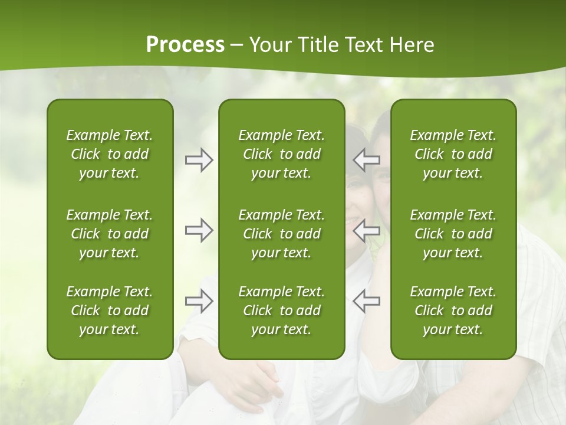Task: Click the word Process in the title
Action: pyautogui.click(x=185, y=45)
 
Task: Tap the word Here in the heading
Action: pyautogui.click(x=413, y=45)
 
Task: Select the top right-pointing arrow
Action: pyautogui.click(x=199, y=160)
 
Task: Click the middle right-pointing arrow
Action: pyautogui.click(x=199, y=230)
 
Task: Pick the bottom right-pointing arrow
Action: pyautogui.click(x=199, y=300)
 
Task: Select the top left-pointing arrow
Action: pyautogui.click(x=367, y=160)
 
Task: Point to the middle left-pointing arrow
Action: pyautogui.click(x=367, y=230)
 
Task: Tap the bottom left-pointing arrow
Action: pyautogui.click(x=367, y=300)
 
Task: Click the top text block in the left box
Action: pyautogui.click(x=110, y=154)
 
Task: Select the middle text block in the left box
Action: pyautogui.click(x=110, y=234)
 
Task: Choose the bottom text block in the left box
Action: pyautogui.click(x=110, y=310)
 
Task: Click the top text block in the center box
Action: pyautogui.click(x=282, y=154)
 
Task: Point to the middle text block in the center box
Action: pyautogui.click(x=282, y=234)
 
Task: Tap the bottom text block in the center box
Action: pyautogui.click(x=282, y=310)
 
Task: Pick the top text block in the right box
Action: pyautogui.click(x=453, y=154)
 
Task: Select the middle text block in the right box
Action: pyautogui.click(x=453, y=234)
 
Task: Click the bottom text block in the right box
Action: pyautogui.click(x=453, y=310)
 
